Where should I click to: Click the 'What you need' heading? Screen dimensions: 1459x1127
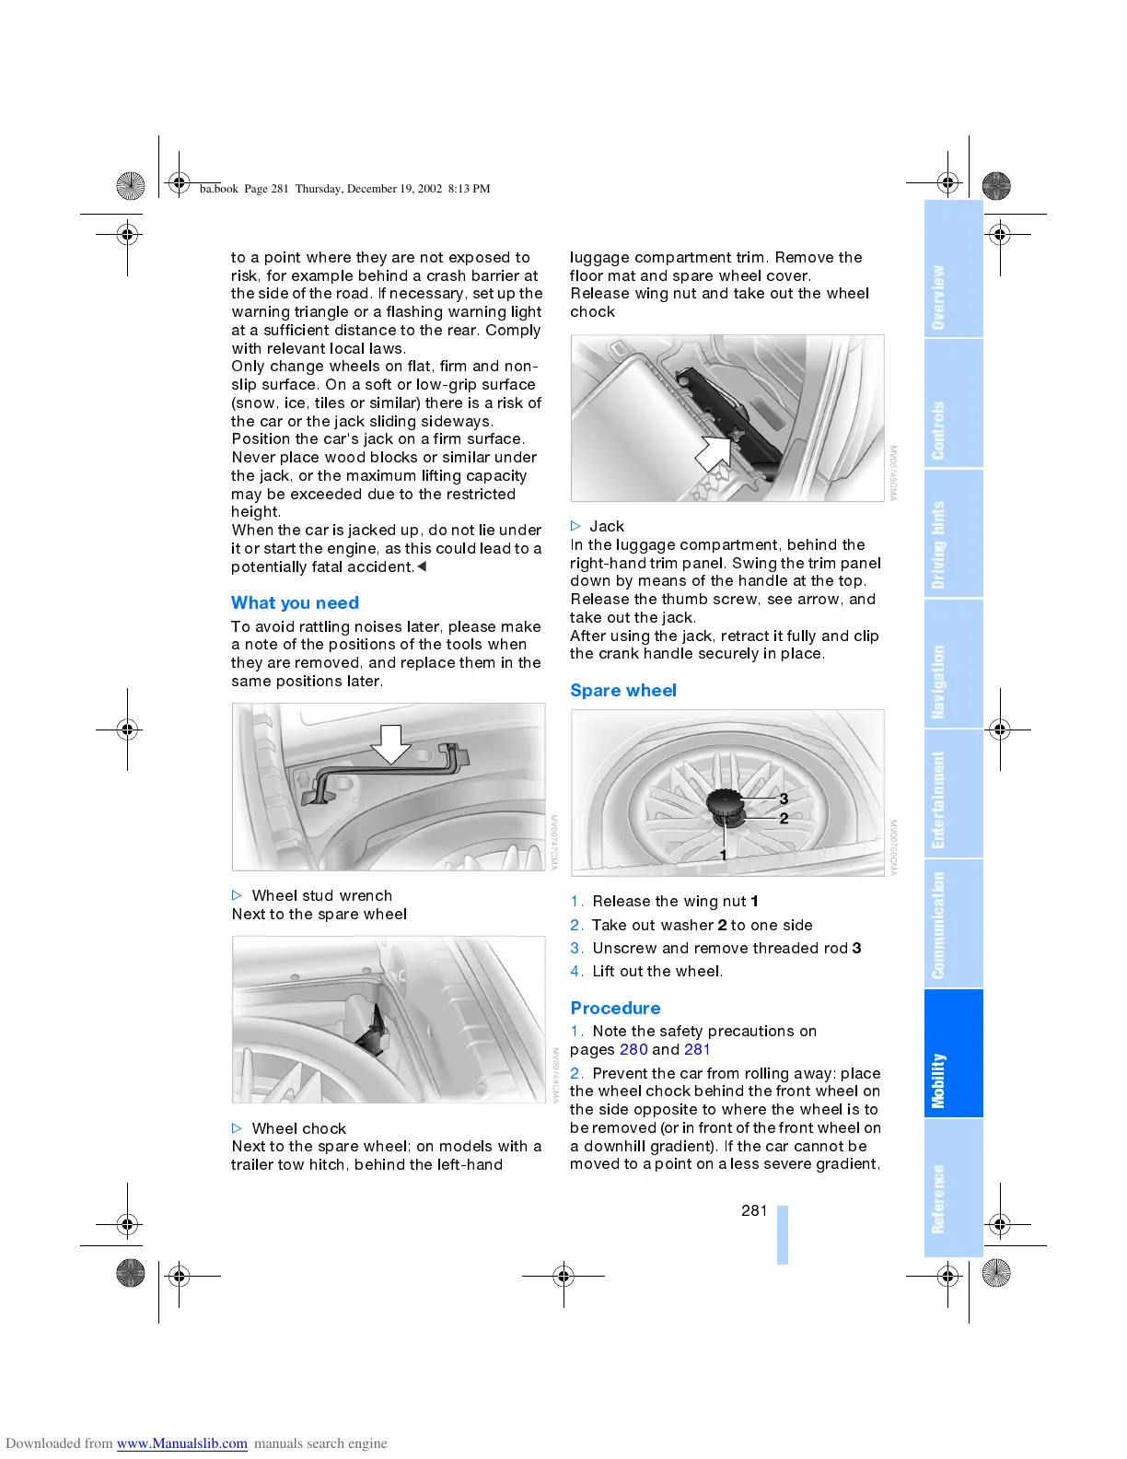tap(295, 603)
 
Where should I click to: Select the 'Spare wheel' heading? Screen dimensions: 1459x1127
tap(623, 691)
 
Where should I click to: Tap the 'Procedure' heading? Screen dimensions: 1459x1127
tap(615, 1009)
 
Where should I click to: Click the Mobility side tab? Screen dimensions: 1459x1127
tap(938, 1080)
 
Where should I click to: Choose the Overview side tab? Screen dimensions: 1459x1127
tap(938, 298)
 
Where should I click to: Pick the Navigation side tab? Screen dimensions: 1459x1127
tap(938, 682)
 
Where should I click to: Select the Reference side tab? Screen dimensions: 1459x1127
tap(938, 1198)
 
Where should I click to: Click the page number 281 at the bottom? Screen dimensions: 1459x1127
tap(754, 1210)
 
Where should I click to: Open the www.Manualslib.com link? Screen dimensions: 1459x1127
tap(181, 1443)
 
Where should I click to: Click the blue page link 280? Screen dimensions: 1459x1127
tap(633, 1050)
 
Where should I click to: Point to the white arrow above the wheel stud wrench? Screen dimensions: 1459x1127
tap(391, 743)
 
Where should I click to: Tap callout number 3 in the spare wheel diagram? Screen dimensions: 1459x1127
tap(784, 799)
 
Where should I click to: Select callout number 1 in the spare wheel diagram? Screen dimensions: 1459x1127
tap(724, 855)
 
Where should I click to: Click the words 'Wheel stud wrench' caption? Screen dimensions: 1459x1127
tap(321, 896)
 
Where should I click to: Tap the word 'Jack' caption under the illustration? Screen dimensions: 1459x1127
tap(607, 527)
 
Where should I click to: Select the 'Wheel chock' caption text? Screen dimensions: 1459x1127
tap(298, 1129)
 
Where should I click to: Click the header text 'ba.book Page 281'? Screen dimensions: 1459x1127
tap(245, 189)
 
